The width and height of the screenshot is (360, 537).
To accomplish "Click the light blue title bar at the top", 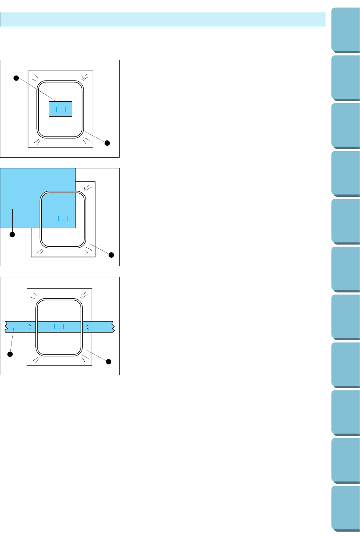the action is pyautogui.click(x=163, y=20).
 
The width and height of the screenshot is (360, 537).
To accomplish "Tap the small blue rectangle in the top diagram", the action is pyautogui.click(x=60, y=109).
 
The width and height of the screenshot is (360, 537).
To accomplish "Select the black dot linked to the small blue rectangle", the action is pyautogui.click(x=16, y=78).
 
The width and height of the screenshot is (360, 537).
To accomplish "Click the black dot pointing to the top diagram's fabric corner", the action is pyautogui.click(x=107, y=143).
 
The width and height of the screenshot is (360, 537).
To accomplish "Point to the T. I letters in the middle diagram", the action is pyautogui.click(x=62, y=219).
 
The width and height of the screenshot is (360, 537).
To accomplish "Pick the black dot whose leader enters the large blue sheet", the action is pyautogui.click(x=12, y=234).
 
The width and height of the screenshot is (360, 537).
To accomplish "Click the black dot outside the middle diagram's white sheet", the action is pyautogui.click(x=112, y=255).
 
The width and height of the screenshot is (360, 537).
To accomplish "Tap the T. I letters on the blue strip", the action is pyautogui.click(x=58, y=326).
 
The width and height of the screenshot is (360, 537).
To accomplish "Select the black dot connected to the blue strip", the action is pyautogui.click(x=10, y=354).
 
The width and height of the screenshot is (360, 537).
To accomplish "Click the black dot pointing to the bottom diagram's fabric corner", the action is pyautogui.click(x=109, y=361).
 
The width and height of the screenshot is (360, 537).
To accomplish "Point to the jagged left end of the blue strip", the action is pyautogui.click(x=7, y=326).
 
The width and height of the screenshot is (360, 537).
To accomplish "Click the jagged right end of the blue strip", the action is pyautogui.click(x=113, y=326).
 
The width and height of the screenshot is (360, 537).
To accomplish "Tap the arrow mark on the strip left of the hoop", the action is pyautogui.click(x=30, y=327).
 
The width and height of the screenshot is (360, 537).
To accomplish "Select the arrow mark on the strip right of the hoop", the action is pyautogui.click(x=87, y=327).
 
